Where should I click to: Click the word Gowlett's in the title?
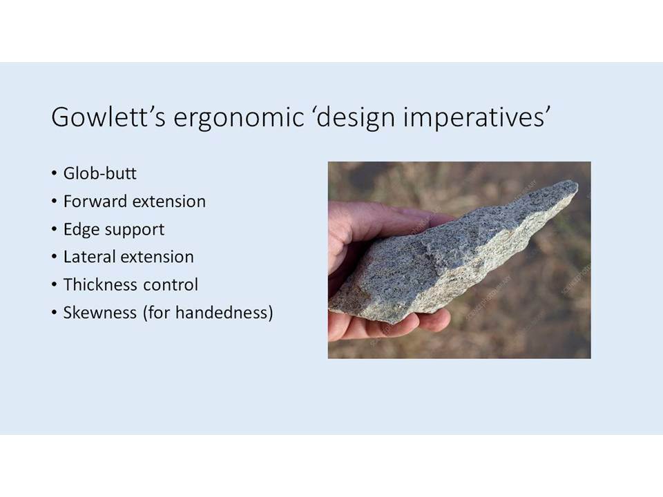(108, 117)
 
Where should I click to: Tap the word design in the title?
(356, 118)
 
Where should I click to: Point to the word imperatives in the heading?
(476, 118)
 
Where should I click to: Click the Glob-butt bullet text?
(99, 173)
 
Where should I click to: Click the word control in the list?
(171, 284)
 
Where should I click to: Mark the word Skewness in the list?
(100, 312)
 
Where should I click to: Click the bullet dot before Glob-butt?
(54, 173)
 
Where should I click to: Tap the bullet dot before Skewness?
(54, 312)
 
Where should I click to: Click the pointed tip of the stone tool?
(575, 183)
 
